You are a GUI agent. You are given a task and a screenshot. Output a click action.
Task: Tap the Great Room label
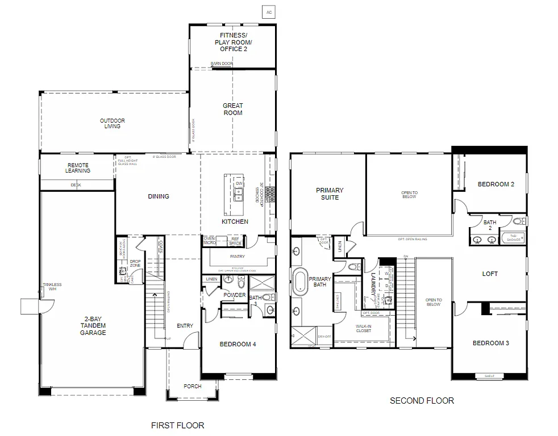(232, 109)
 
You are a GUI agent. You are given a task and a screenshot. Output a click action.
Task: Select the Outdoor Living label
(113, 123)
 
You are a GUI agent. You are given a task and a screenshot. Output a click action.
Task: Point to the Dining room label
(159, 196)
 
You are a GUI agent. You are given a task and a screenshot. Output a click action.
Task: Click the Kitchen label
(235, 221)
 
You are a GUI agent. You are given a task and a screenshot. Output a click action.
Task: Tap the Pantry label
(238, 257)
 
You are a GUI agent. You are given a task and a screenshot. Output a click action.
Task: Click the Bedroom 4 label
(238, 343)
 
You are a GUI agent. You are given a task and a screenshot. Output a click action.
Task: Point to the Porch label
(192, 387)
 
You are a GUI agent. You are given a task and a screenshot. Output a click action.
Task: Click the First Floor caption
(177, 425)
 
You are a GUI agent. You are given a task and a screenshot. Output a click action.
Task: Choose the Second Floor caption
(422, 401)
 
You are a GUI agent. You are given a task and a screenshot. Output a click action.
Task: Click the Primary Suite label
(330, 194)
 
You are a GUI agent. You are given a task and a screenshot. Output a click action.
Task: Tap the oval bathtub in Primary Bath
(299, 282)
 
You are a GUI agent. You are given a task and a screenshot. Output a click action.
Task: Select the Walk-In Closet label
(364, 328)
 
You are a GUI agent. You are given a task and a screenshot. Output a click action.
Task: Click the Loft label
(490, 274)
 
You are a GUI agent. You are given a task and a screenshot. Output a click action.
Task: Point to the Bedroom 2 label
(495, 185)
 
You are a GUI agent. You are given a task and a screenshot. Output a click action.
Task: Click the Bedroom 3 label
(491, 343)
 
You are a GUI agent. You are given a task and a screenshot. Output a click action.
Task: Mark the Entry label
(185, 326)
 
